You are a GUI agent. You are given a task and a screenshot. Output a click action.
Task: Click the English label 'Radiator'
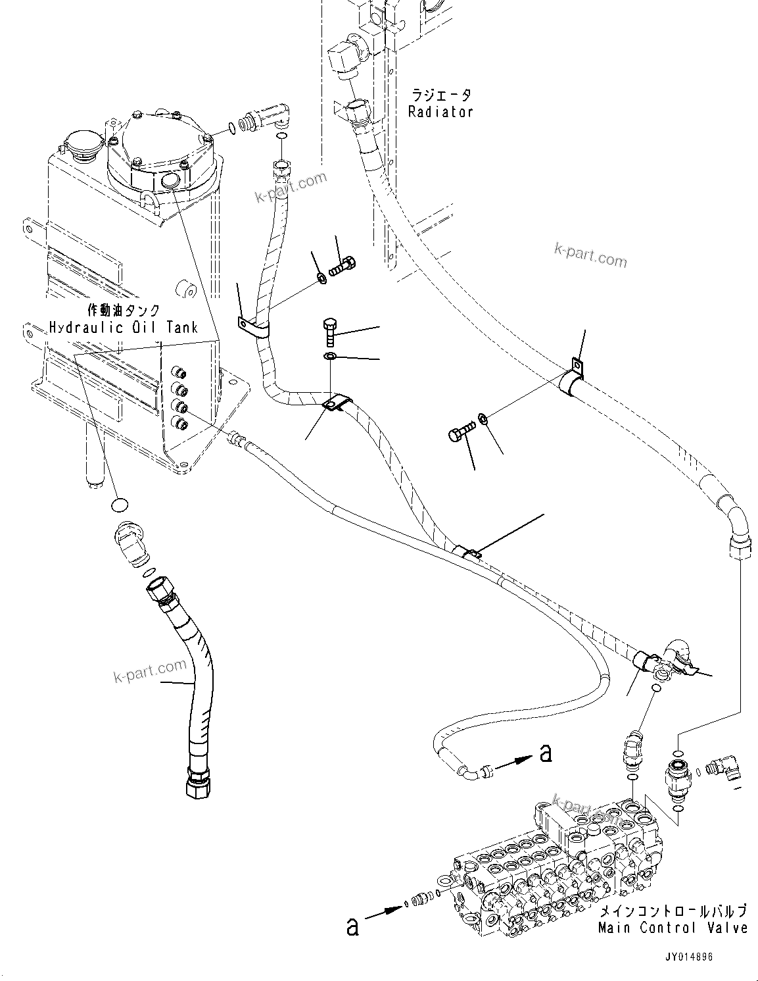coord(440,112)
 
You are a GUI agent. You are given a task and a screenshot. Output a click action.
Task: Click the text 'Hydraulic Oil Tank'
coord(124,327)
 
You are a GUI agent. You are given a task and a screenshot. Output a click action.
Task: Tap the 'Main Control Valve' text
coord(673,928)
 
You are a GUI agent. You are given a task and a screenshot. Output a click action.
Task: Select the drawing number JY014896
coord(688,958)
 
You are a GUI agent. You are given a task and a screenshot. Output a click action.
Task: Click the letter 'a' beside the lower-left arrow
coord(354,927)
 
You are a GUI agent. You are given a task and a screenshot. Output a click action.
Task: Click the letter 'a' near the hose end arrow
coord(546,753)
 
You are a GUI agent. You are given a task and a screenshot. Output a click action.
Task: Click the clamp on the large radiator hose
coord(572,380)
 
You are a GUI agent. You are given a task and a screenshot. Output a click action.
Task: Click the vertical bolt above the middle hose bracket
coord(331,332)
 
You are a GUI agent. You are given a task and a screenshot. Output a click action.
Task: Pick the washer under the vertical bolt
coord(330,357)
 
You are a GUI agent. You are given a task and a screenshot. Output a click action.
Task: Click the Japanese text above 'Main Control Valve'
coord(673,911)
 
